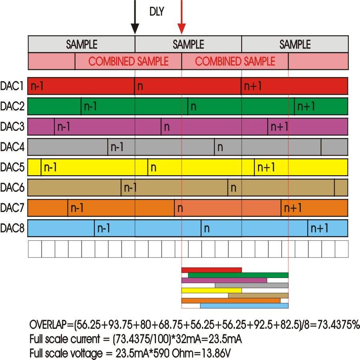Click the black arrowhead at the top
click(135, 29)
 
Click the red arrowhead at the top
click(182, 29)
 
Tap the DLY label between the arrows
click(157, 12)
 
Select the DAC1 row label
click(12, 86)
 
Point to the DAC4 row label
click(12, 147)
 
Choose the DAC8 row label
click(12, 228)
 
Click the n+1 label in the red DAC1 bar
click(253, 86)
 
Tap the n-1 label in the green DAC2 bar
click(90, 106)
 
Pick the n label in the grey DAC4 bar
click(220, 148)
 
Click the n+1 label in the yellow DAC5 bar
click(266, 167)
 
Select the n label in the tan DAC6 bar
click(234, 188)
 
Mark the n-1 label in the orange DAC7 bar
click(77, 208)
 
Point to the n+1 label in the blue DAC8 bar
click(319, 228)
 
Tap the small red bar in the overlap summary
click(212, 270)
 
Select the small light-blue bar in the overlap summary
click(244, 306)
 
